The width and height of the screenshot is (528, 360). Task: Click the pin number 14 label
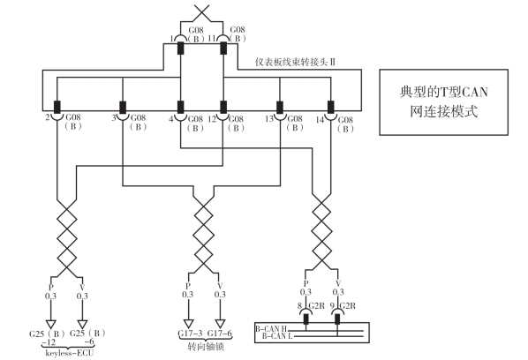point(320,120)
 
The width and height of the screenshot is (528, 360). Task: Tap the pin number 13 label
point(269,119)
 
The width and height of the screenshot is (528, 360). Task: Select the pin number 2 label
point(48,117)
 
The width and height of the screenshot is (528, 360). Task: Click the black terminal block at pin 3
point(123,108)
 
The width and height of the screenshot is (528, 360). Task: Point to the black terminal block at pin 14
point(331,108)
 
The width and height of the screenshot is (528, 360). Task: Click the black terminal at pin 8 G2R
point(305,319)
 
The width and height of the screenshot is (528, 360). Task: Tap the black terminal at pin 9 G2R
point(337,319)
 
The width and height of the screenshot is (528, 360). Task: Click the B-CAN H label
point(271,329)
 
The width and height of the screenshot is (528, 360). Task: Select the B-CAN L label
point(277,336)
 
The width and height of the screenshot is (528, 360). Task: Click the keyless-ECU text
point(70,353)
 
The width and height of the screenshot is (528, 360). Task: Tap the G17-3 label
point(190,334)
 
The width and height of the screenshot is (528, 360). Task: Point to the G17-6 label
point(220,334)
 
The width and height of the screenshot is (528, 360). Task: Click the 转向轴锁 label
point(206,347)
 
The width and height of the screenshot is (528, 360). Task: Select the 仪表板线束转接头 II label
point(295,63)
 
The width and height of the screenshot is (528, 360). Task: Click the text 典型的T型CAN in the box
point(444,92)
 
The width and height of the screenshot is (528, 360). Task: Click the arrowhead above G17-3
point(189,324)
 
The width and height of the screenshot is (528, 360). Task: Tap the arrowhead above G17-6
point(220,324)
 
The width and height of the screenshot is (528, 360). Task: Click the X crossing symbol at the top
point(202,12)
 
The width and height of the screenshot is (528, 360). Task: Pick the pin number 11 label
point(212,38)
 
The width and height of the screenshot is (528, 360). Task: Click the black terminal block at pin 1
point(181,49)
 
